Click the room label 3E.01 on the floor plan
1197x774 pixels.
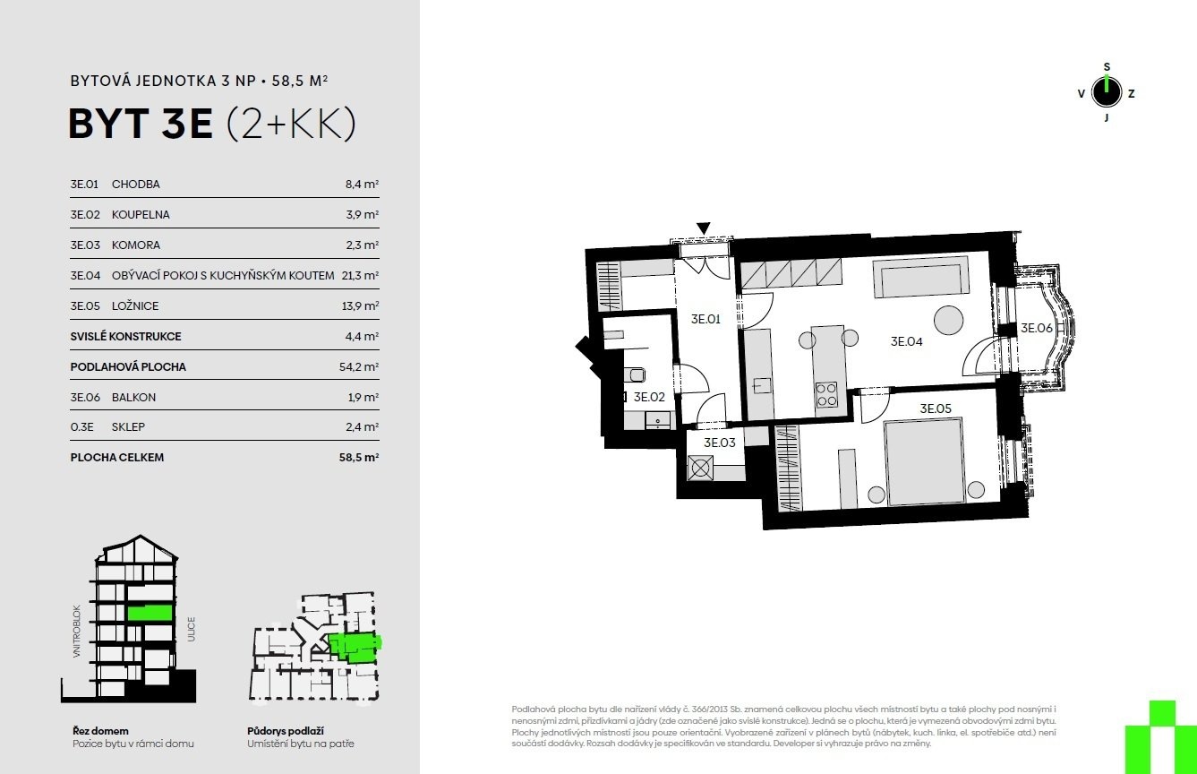pos(705,319)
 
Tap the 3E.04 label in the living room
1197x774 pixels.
pos(906,341)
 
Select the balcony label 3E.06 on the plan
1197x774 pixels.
pos(1036,328)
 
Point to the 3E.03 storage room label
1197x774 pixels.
pos(719,443)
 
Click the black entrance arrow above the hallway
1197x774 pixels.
pos(703,228)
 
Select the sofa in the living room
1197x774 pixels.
pos(920,277)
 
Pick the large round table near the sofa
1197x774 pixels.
pos(948,320)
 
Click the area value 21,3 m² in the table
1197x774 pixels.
pos(360,275)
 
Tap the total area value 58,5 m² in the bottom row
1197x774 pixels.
pos(359,458)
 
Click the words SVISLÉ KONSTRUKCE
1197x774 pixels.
pos(125,336)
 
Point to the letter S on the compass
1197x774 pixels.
pos(1107,67)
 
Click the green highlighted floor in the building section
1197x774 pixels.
pos(150,613)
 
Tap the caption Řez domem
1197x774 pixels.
pos(100,731)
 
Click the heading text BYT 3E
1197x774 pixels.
pos(141,124)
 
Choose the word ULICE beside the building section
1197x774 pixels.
pos(192,629)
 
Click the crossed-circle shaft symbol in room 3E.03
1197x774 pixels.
pos(700,469)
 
